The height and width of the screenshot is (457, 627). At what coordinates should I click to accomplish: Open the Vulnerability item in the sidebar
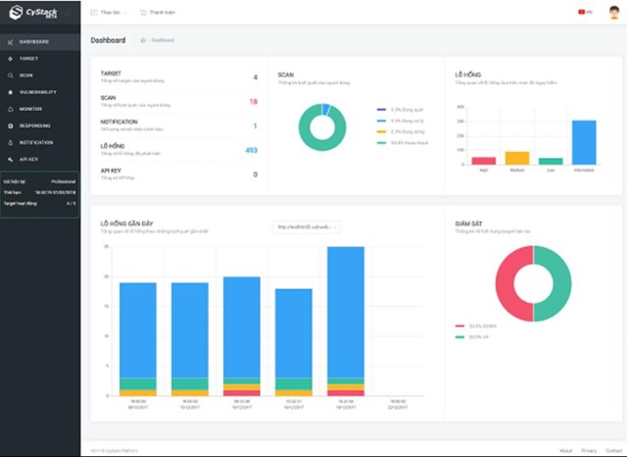click(36, 91)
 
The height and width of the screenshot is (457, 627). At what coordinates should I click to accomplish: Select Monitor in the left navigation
click(29, 108)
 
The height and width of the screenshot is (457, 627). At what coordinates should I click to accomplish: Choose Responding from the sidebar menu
click(34, 126)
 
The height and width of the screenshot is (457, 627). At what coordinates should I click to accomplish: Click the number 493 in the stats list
click(251, 150)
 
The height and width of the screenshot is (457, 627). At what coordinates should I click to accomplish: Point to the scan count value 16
click(253, 101)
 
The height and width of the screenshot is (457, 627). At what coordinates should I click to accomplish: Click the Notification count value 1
click(255, 126)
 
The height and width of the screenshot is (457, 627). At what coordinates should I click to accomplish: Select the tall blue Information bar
click(584, 142)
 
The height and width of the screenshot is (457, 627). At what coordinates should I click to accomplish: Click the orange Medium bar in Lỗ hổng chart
click(517, 158)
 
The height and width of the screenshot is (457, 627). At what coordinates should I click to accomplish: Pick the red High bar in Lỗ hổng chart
click(484, 161)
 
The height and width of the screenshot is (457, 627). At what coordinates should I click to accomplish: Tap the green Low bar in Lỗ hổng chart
click(551, 161)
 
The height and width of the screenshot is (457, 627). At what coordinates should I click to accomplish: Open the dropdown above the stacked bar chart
click(306, 227)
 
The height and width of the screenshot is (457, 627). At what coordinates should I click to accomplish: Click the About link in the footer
click(566, 450)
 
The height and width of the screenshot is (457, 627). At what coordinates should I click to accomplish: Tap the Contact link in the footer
click(612, 450)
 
